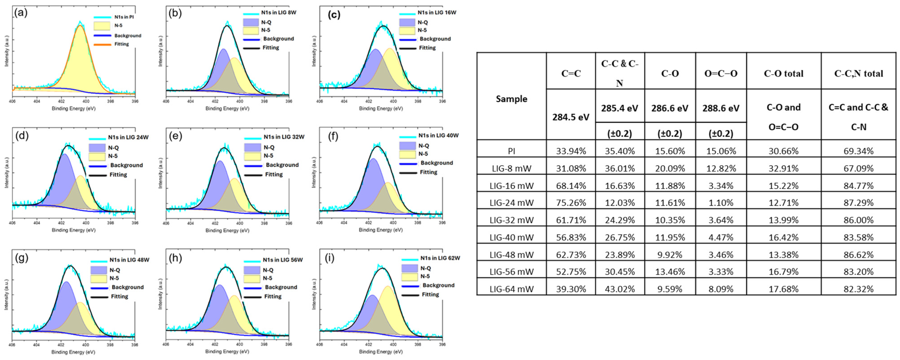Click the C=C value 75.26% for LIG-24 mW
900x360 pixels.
571,203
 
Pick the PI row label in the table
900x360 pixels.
512,151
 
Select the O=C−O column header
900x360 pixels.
721,73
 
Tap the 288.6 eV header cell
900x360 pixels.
721,108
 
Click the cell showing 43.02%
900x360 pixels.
620,289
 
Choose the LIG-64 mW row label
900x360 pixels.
512,289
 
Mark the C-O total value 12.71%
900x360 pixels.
783,203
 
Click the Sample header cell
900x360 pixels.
512,99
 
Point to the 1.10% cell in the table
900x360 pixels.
721,203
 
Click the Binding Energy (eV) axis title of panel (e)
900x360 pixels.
227,230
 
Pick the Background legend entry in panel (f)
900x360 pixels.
436,163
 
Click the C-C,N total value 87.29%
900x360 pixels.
858,203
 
